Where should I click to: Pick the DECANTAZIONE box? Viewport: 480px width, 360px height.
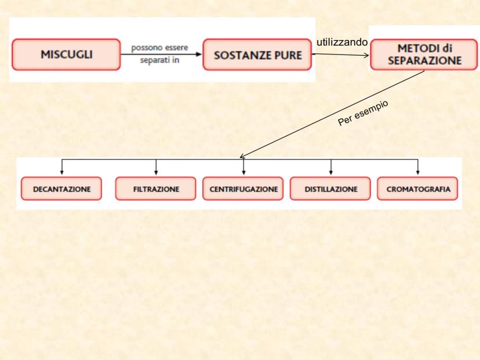(x=60, y=190)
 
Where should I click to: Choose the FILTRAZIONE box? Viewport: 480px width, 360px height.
(x=156, y=190)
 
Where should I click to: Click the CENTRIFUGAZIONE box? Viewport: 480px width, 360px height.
(x=243, y=190)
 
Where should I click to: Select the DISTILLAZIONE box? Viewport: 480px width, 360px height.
(x=330, y=190)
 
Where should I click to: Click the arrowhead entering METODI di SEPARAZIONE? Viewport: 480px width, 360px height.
(x=367, y=56)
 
